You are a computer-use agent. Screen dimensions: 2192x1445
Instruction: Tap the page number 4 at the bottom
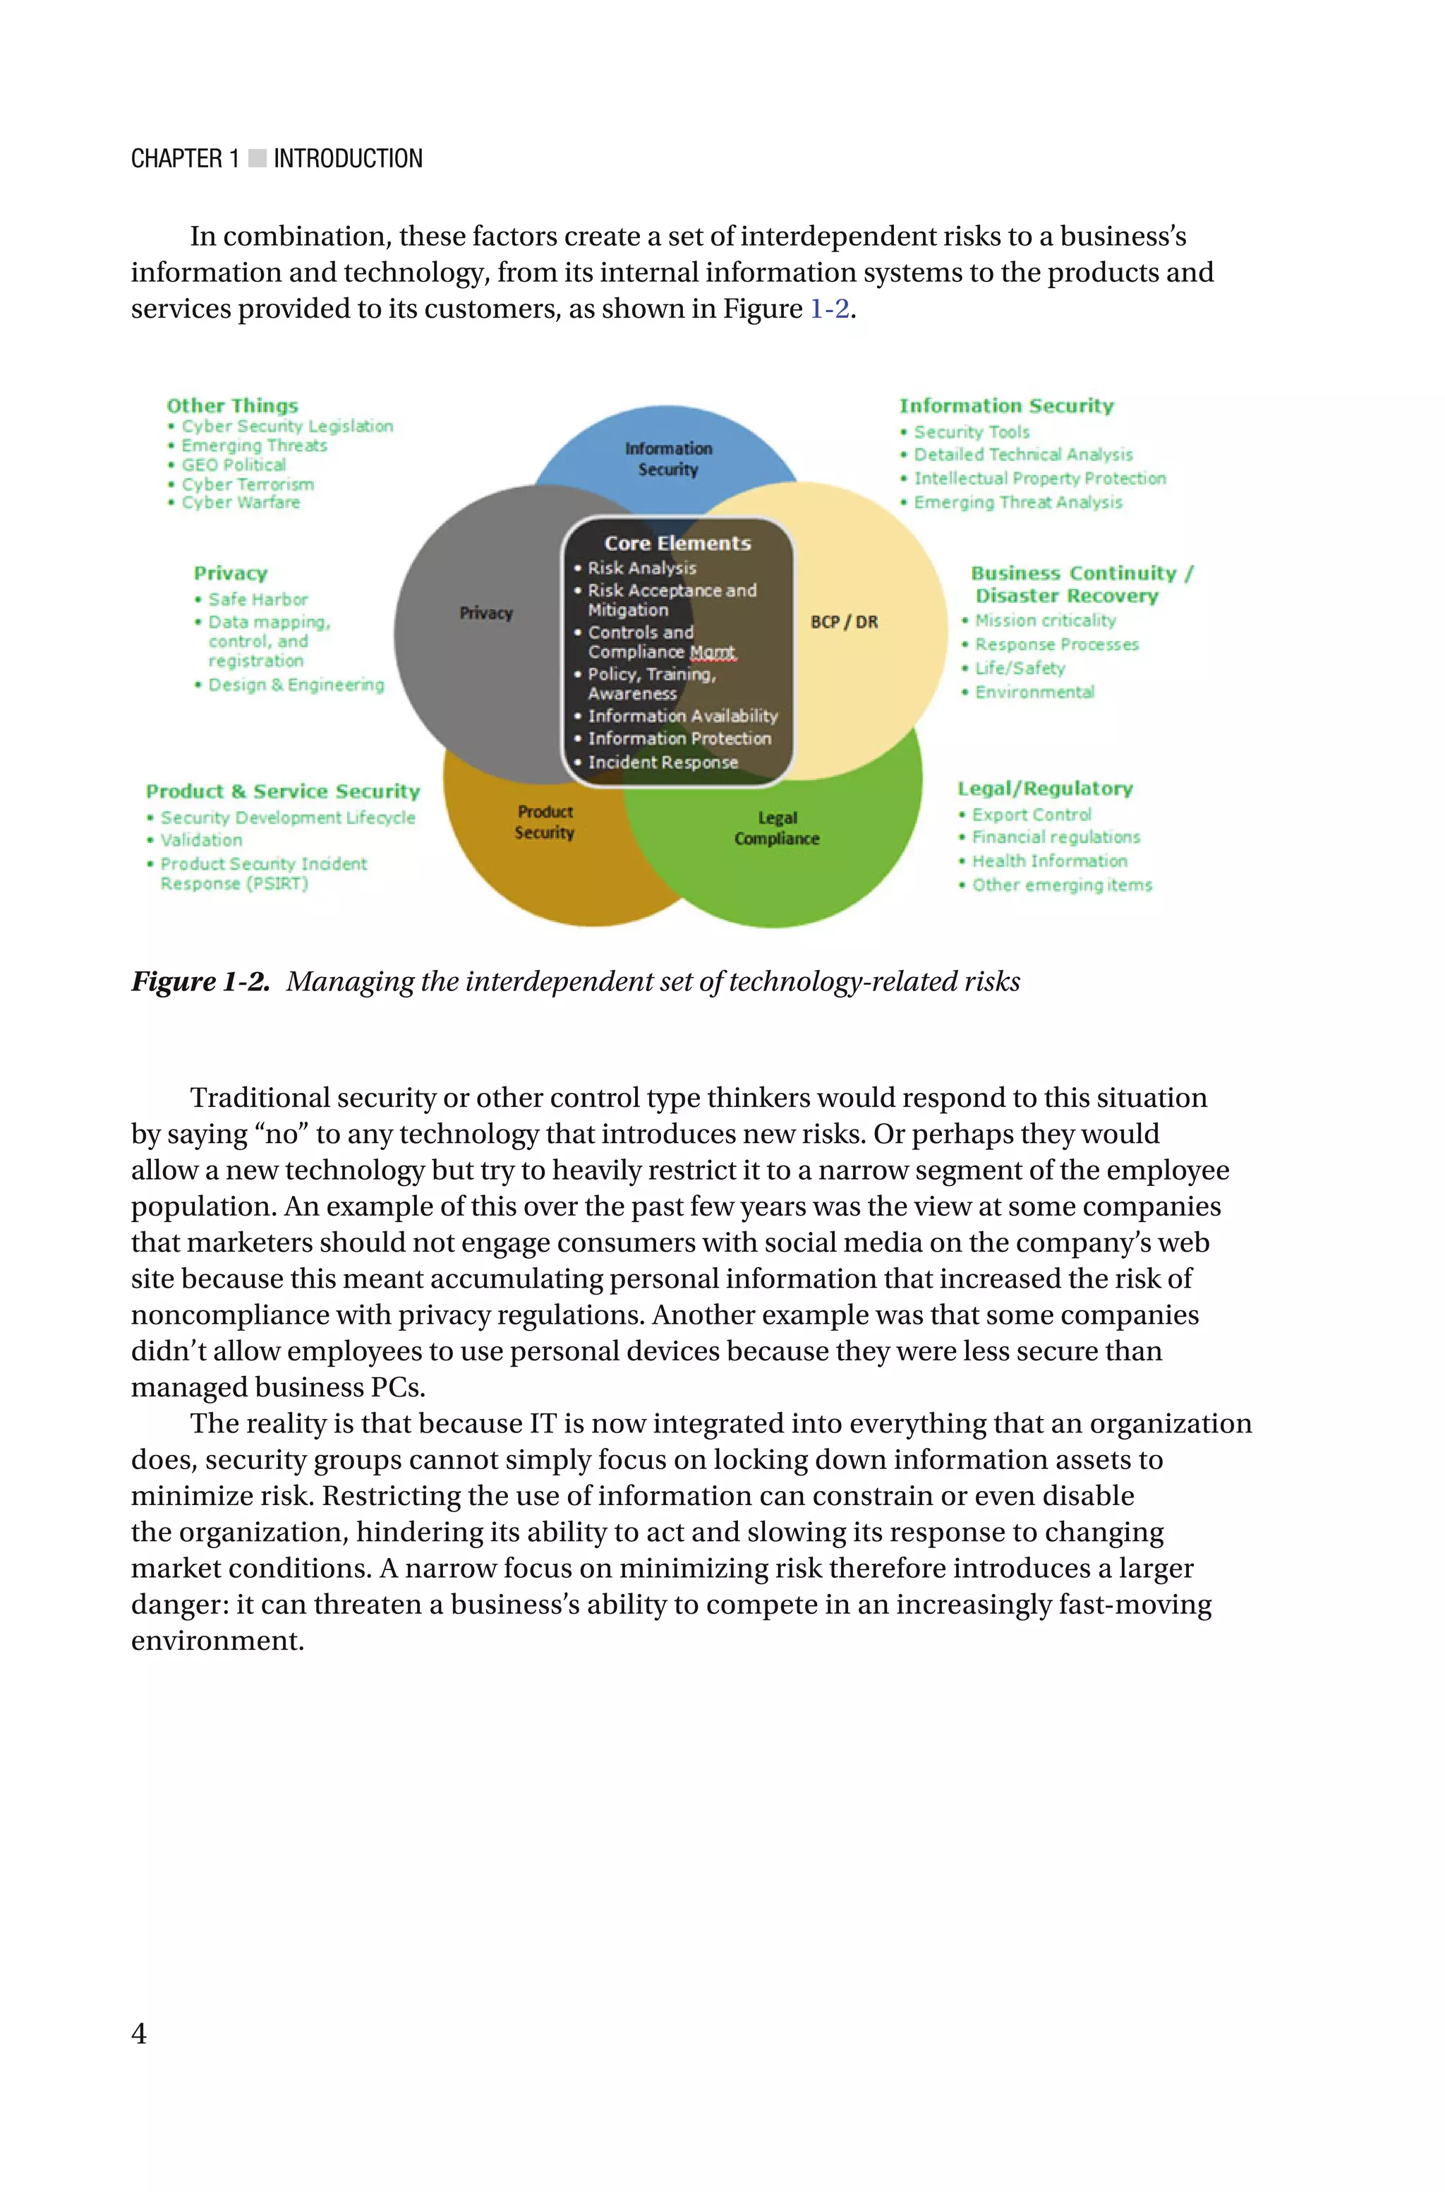pyautogui.click(x=139, y=2032)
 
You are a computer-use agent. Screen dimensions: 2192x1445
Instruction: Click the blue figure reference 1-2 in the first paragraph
pyautogui.click(x=828, y=309)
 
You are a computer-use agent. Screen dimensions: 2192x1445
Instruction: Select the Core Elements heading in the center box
pyautogui.click(x=677, y=543)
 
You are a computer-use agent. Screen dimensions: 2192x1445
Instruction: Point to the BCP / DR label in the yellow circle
pyautogui.click(x=844, y=621)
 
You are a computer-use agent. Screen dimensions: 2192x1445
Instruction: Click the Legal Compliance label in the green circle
pyautogui.click(x=777, y=828)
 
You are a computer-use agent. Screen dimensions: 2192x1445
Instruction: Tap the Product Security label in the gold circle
pyautogui.click(x=545, y=821)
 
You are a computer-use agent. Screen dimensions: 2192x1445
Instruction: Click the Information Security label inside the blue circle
pyautogui.click(x=668, y=458)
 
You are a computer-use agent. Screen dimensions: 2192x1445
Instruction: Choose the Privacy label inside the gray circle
pyautogui.click(x=485, y=613)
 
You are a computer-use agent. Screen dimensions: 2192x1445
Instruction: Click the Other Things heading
pyautogui.click(x=232, y=406)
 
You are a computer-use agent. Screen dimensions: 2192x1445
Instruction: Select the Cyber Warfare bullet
pyautogui.click(x=240, y=503)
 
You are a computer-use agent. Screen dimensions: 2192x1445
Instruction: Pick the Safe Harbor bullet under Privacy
pyautogui.click(x=257, y=599)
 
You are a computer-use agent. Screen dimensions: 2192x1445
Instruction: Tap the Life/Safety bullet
pyautogui.click(x=1020, y=669)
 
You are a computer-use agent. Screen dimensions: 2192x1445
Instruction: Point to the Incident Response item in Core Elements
pyautogui.click(x=662, y=762)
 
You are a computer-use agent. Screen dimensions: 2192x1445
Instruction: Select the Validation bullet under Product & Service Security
pyautogui.click(x=201, y=840)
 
